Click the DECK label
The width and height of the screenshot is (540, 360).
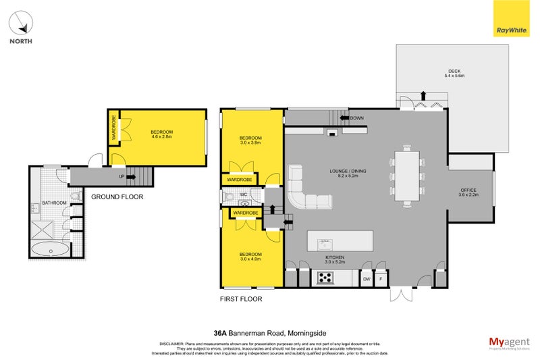point(454,72)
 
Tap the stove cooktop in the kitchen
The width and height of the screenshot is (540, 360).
point(325,277)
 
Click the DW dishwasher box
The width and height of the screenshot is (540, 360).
point(367,278)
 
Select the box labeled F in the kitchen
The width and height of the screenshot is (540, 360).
point(381,278)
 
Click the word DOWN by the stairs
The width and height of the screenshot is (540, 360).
point(357,118)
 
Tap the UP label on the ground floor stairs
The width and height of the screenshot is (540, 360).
point(122,177)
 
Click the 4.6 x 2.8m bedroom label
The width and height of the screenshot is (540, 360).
point(161,134)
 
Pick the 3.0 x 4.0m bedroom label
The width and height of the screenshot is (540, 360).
point(250,256)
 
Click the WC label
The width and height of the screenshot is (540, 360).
point(244,196)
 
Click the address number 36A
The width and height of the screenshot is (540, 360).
point(219,332)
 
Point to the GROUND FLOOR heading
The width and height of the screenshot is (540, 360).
point(117,197)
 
